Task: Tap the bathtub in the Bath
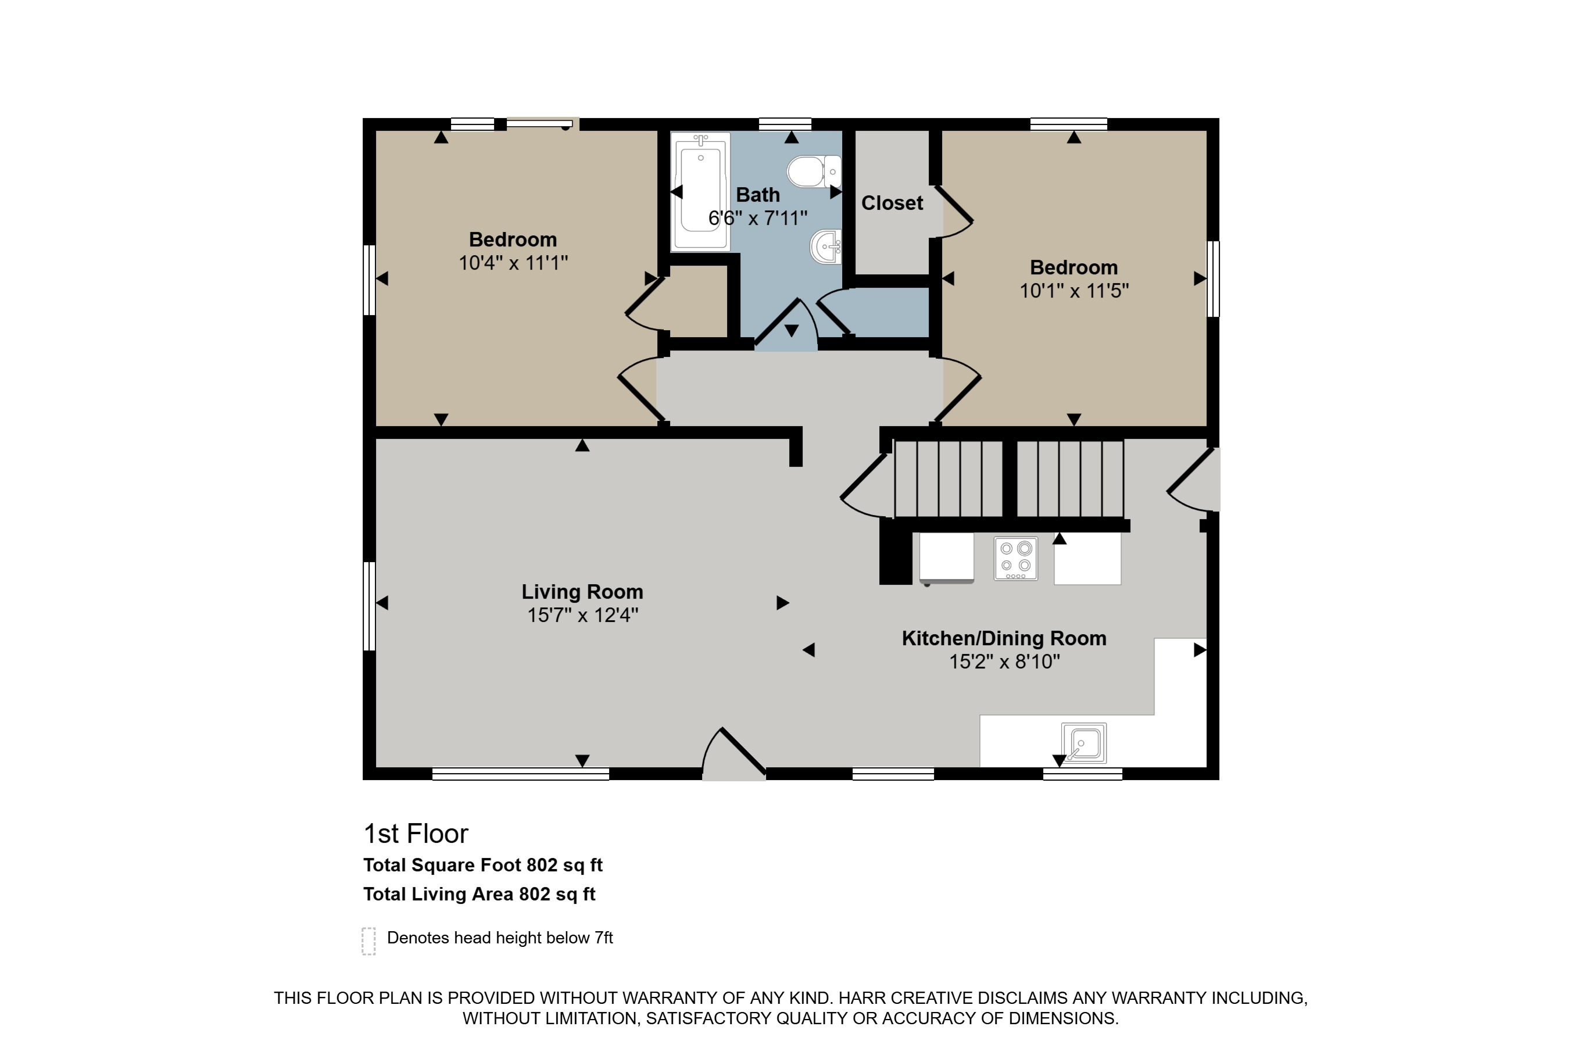click(700, 192)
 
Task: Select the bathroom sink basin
click(825, 247)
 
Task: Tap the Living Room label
click(582, 592)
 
